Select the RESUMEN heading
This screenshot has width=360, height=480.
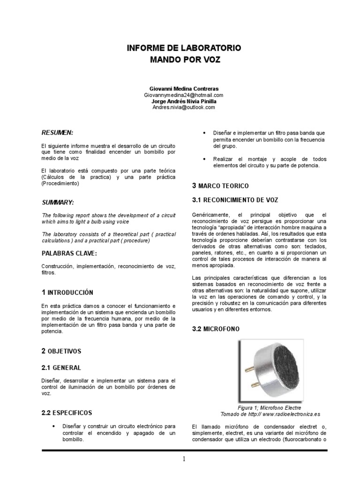click(x=57, y=133)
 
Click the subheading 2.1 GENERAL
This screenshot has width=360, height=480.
click(x=61, y=367)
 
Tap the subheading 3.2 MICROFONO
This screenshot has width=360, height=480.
click(x=216, y=329)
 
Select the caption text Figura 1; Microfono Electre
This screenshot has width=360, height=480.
click(x=260, y=408)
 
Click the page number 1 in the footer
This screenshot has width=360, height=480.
click(x=184, y=459)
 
